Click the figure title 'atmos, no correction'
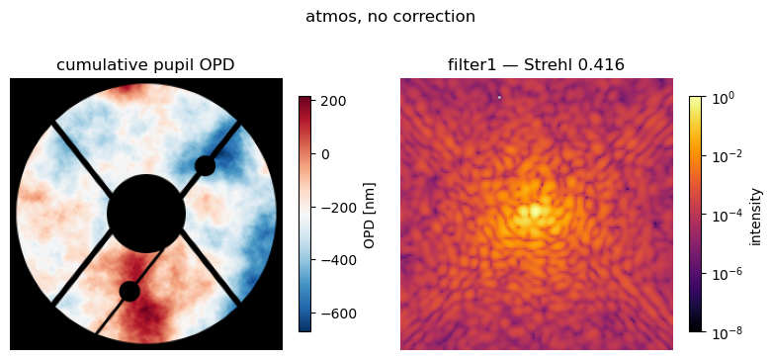tap(389, 17)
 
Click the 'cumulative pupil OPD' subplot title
tap(145, 65)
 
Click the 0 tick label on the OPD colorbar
tap(325, 154)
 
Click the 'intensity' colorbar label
tap(756, 216)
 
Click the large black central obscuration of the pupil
tap(146, 214)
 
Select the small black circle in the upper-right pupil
tap(205, 166)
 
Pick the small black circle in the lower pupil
tap(129, 291)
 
